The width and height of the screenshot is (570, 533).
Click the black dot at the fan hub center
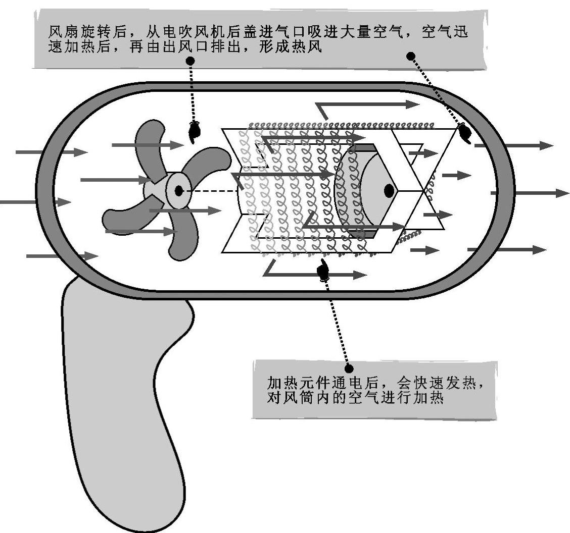point(178,191)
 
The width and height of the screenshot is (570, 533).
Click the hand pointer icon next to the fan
point(194,132)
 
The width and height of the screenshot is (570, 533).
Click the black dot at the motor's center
point(389,191)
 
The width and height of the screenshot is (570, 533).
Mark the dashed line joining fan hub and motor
point(210,191)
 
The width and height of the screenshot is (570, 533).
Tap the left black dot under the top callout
point(191,60)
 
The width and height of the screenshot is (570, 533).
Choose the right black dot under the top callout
point(411,56)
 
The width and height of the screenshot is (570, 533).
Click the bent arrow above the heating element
point(364,105)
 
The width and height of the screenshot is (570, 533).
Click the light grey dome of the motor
point(376,192)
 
